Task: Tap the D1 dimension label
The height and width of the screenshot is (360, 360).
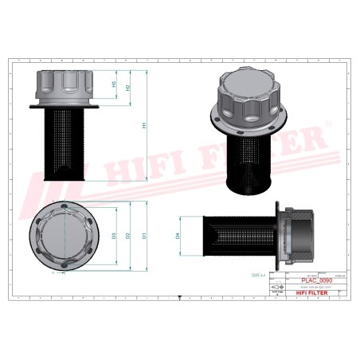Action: (143, 237)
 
